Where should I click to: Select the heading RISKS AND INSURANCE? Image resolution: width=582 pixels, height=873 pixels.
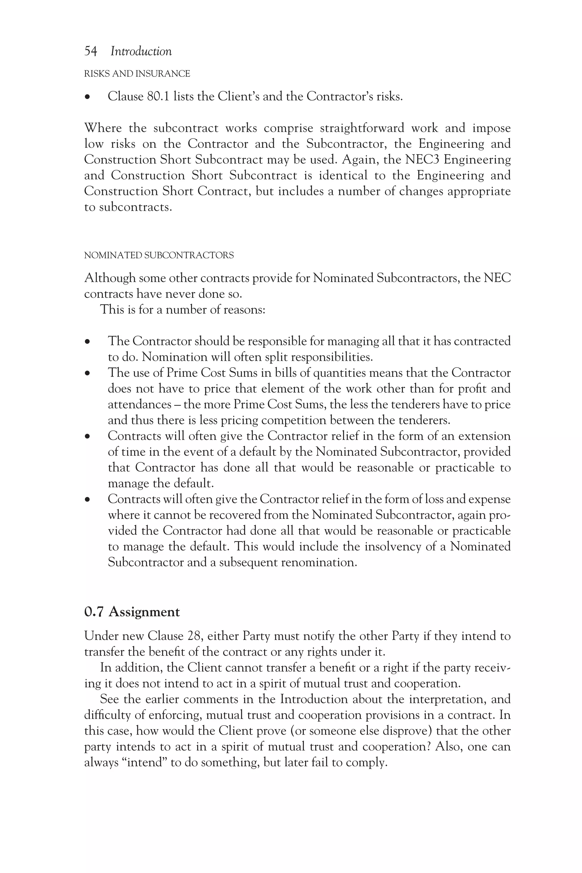137,74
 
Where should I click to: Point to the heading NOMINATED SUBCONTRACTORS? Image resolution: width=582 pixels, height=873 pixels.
159,255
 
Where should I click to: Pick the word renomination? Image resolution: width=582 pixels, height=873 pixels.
319,562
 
